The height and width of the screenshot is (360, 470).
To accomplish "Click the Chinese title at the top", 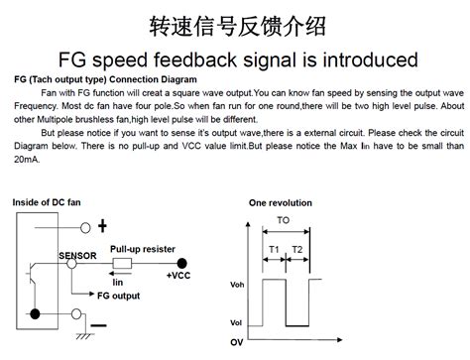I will coord(235,23).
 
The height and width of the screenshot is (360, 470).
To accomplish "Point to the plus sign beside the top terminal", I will coord(103,226).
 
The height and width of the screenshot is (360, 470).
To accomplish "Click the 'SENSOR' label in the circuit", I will coord(78,255).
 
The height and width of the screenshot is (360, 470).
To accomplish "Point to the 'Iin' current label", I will coord(118,282).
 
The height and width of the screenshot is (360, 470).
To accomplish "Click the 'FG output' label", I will coord(118,295).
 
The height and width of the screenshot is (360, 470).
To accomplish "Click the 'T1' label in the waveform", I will coord(273,247).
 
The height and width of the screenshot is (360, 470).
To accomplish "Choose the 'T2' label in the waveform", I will coord(296,247).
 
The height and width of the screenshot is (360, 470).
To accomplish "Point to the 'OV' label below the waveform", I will coord(237,342).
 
